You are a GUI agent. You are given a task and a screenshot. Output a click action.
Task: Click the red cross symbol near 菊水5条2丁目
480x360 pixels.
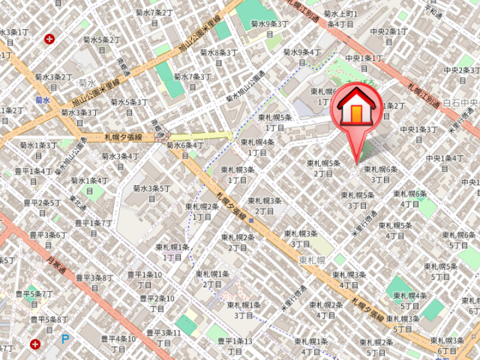coord(49,39)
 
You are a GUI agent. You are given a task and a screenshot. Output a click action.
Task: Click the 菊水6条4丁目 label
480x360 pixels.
coord(185,150)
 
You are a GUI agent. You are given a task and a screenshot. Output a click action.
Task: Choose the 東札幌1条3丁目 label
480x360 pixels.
coord(244,309)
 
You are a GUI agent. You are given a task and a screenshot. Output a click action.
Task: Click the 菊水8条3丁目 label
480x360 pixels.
coord(219,57)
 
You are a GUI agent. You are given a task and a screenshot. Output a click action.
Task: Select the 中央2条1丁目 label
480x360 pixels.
coord(389,36)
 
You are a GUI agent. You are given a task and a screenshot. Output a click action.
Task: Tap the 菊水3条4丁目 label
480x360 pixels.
coord(120,161)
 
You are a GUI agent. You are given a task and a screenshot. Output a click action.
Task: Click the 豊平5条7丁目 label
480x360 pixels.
coord(34,298)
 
